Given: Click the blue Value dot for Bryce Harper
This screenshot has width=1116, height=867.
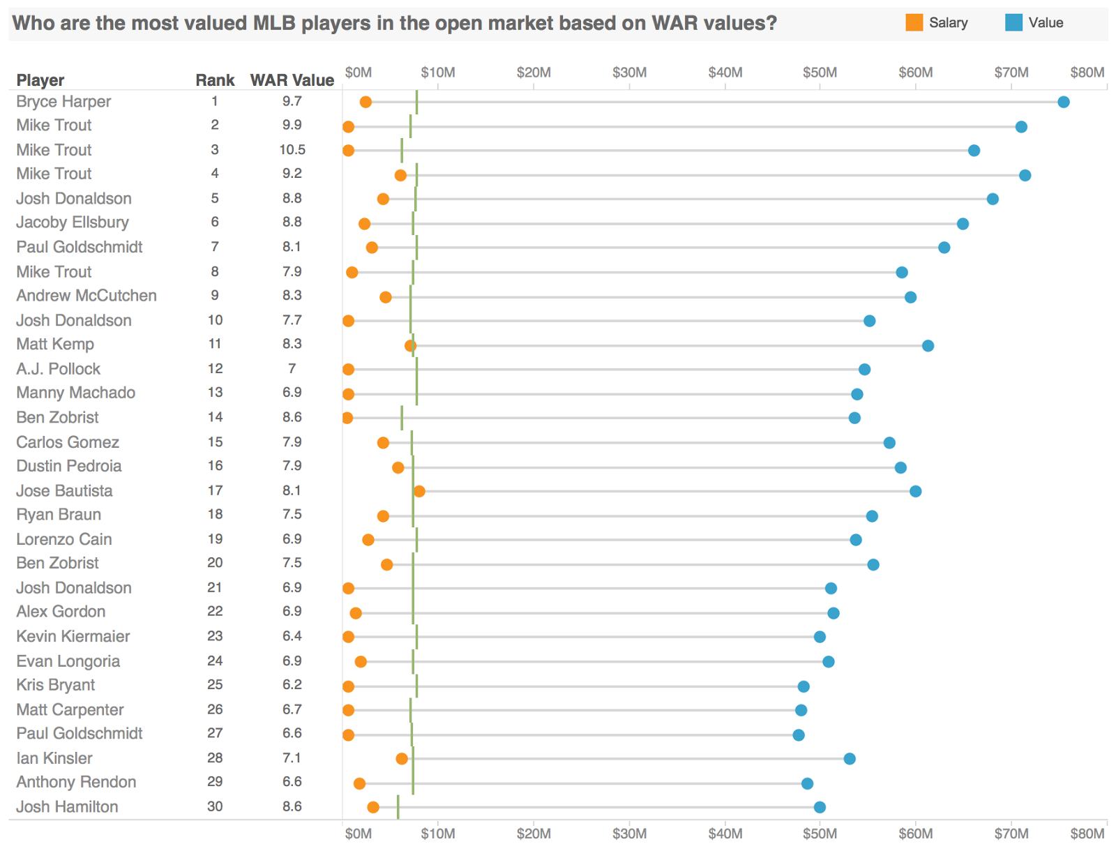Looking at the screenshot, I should pos(1063,103).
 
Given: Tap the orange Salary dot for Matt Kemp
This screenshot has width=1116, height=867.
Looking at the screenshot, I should pos(410,346).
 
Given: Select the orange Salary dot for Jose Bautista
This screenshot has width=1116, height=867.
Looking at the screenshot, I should pos(419,492).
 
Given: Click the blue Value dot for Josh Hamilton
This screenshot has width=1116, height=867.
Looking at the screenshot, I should pos(820,808).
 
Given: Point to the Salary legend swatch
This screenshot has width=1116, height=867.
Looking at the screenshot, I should pos(914,23).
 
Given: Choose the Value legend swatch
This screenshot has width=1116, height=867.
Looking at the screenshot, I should pos(1013,23).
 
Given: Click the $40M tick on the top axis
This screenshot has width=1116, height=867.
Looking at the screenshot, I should pos(725,73).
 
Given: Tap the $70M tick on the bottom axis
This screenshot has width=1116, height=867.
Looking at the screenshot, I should pos(1011,834).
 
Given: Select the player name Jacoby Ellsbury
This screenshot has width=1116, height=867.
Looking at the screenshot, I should pos(73,223).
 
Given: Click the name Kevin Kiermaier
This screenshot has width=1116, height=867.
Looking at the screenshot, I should pos(73,637).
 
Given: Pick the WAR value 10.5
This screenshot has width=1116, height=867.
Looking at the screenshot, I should pos(292,150).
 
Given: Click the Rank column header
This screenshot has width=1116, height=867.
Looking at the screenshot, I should pos(215,80).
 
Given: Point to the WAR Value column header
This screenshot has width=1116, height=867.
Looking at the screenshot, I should pos(292,80).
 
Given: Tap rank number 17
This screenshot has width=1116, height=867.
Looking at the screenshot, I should pos(215,491).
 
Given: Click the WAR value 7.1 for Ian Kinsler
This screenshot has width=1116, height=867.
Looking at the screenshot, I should pos(292,758).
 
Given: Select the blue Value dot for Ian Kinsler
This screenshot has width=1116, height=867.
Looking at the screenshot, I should pos(850,759).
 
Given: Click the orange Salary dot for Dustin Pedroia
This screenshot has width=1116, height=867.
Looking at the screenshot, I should pos(398,467).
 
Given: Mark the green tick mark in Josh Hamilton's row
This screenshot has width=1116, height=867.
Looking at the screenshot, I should pos(398,807).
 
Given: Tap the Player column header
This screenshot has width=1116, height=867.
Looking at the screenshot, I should pos(40,80).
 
